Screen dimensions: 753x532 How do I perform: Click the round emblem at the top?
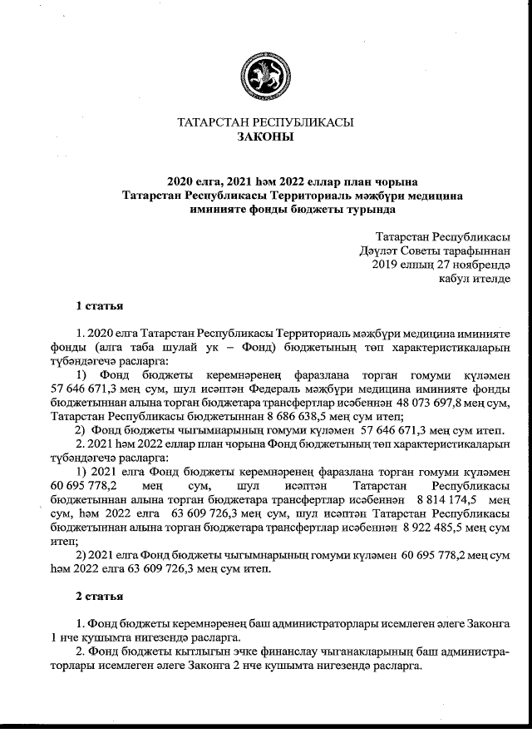266,72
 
